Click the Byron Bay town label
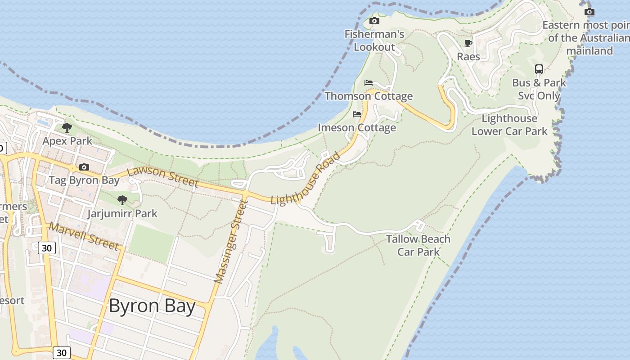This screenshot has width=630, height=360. click(152, 306)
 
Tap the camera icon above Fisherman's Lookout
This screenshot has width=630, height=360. click(374, 21)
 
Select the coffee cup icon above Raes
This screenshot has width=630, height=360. click(468, 43)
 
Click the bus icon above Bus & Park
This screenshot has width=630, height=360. click(539, 69)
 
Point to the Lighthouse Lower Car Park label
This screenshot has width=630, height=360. click(509, 125)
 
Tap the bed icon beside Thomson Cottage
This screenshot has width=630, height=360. click(369, 83)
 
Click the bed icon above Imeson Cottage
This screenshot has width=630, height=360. click(357, 114)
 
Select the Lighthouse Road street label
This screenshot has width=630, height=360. click(306, 179)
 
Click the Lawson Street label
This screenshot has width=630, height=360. click(162, 177)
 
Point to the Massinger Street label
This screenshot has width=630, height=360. click(231, 242)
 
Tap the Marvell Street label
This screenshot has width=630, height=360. click(84, 236)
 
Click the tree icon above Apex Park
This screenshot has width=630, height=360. click(67, 128)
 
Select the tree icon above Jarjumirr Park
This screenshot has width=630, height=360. click(122, 200)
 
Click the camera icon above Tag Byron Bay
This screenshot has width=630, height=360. click(84, 167)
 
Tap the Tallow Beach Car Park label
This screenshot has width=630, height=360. click(418, 245)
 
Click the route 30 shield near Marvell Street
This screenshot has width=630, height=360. click(47, 247)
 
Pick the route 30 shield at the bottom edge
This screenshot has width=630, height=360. click(62, 352)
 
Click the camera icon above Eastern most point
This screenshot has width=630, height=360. click(589, 12)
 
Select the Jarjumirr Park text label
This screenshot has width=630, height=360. click(122, 213)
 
